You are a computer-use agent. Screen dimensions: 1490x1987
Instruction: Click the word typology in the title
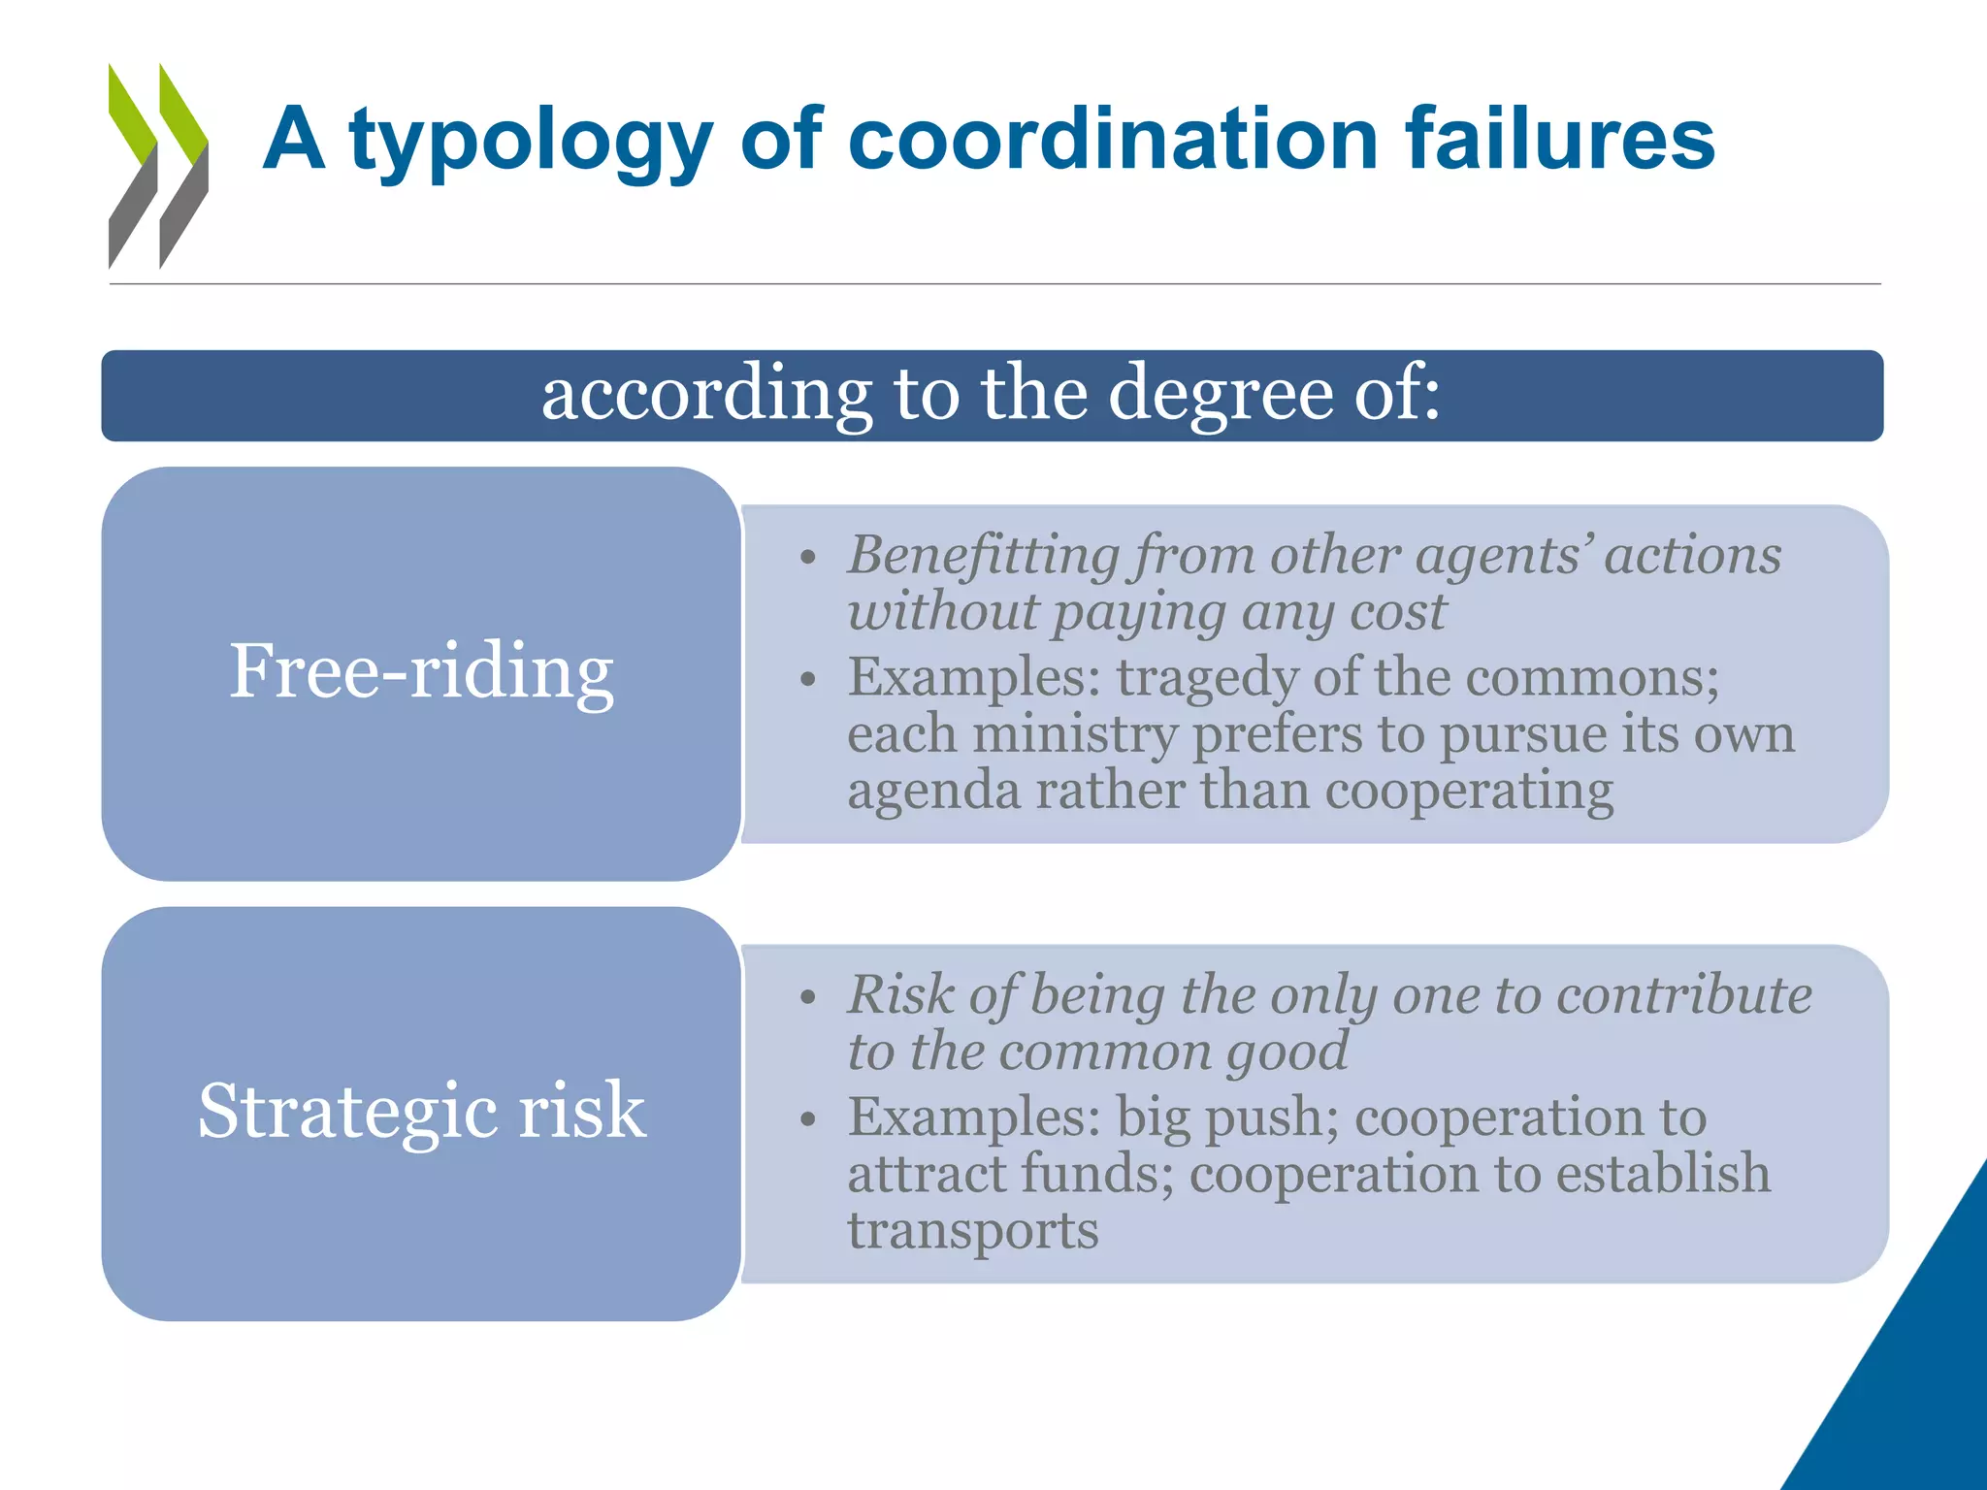point(532,141)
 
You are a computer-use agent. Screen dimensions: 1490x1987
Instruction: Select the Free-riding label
point(421,671)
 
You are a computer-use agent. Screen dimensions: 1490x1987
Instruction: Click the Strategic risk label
point(421,1111)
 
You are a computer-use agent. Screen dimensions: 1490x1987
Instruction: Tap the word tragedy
point(1207,678)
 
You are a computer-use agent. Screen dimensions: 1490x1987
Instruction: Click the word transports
point(972,1231)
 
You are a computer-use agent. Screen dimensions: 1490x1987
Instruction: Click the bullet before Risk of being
point(807,998)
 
